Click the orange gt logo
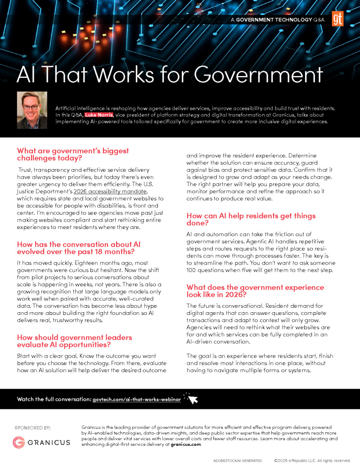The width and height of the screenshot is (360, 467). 337,19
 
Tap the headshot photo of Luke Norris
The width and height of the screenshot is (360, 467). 32,110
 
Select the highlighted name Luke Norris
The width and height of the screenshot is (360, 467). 99,115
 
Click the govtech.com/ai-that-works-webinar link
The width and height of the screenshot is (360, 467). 136,399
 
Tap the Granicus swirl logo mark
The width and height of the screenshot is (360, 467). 18,442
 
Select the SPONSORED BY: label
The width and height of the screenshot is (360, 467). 32,427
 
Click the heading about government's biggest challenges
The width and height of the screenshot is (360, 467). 73,154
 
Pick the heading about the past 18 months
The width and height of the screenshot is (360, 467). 79,248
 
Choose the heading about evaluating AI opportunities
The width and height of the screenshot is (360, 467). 75,341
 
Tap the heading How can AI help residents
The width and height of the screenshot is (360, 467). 251,220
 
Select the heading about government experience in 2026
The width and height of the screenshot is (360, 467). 255,291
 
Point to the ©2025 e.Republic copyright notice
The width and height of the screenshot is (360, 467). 312,461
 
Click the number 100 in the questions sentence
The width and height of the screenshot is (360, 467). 193,270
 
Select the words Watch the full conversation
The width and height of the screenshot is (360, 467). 53,399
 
